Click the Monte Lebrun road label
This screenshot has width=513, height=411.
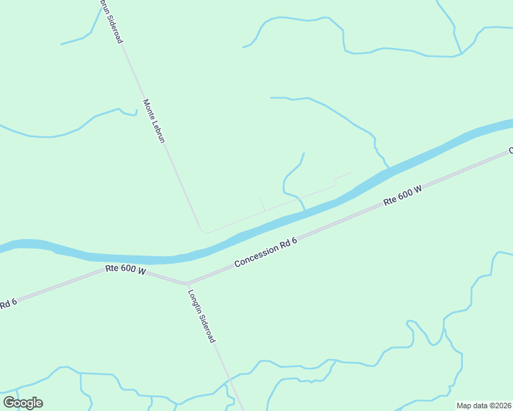[x=154, y=121]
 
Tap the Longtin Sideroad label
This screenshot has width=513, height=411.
[x=202, y=316]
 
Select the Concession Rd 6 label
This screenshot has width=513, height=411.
[x=265, y=252]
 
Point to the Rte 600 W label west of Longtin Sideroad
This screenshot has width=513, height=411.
[x=126, y=271]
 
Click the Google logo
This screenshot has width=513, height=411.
[x=23, y=403]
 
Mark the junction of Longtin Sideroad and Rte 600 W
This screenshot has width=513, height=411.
[x=185, y=283]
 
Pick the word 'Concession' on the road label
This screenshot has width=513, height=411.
[x=255, y=256]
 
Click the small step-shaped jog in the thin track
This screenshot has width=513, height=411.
[x=334, y=182]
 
